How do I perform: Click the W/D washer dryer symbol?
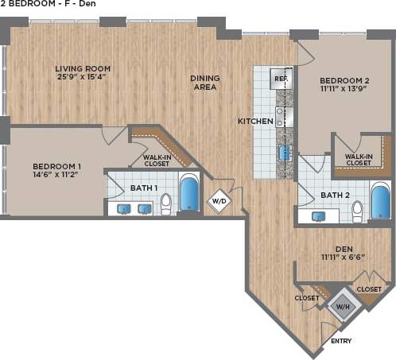pyautogui.click(x=218, y=202)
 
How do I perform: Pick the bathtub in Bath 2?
pyautogui.click(x=380, y=201)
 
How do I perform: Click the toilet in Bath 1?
pyautogui.click(x=166, y=205)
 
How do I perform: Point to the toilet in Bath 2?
pyautogui.click(x=358, y=211)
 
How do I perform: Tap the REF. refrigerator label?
pyautogui.click(x=280, y=79)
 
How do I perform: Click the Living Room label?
pyautogui.click(x=83, y=68)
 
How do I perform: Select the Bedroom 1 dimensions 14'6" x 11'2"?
pyautogui.click(x=57, y=177)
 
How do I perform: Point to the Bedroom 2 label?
pyautogui.click(x=344, y=81)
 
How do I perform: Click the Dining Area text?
pyautogui.click(x=205, y=83)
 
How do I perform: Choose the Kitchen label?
pyautogui.click(x=255, y=122)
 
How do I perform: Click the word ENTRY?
pyautogui.click(x=341, y=341)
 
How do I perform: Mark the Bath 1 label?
pyautogui.click(x=144, y=188)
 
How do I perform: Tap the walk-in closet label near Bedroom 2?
pyautogui.click(x=359, y=161)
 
